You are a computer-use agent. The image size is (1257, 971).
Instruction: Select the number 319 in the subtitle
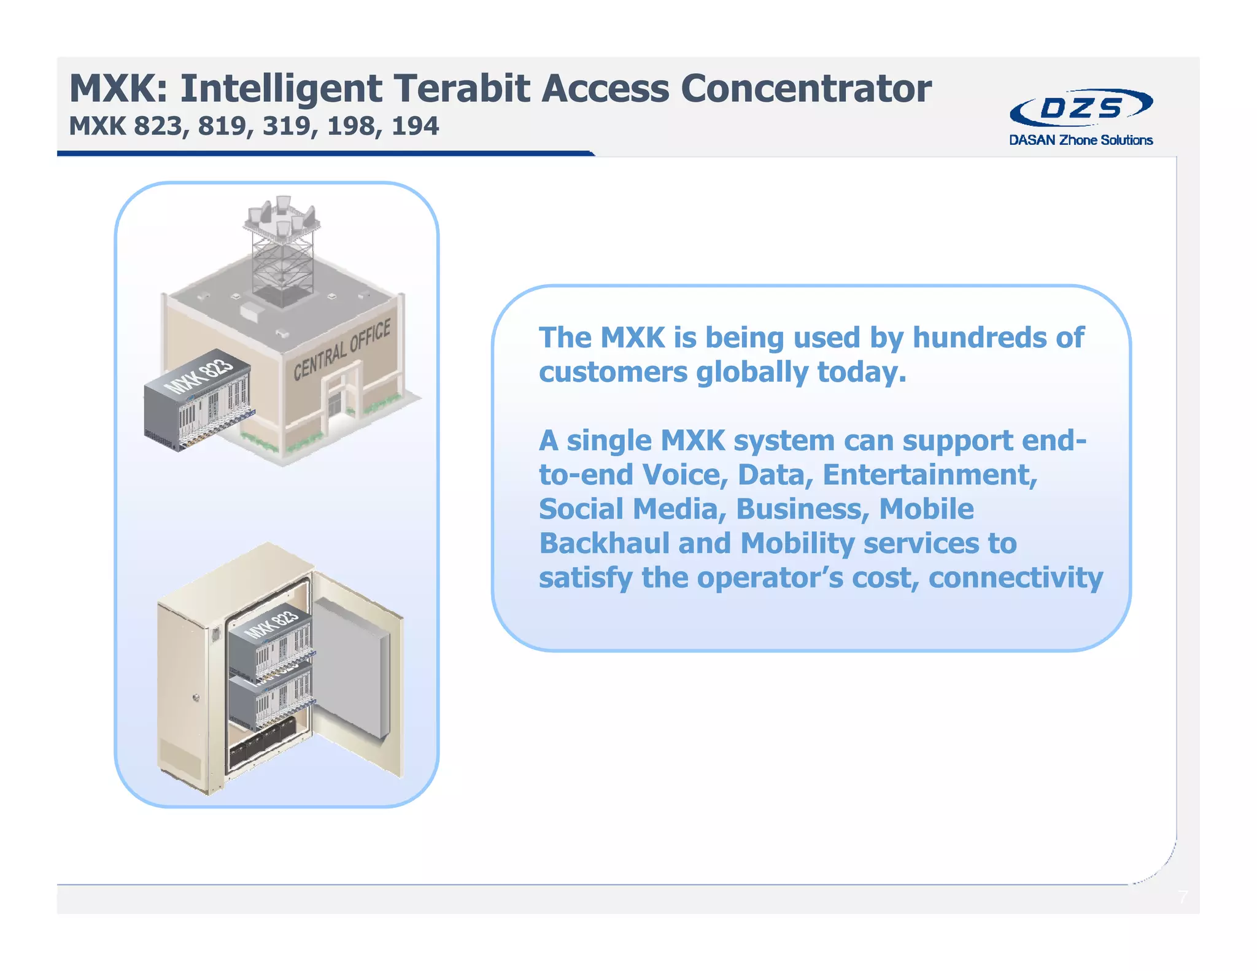(x=287, y=126)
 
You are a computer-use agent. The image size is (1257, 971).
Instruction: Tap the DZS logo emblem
(x=1081, y=108)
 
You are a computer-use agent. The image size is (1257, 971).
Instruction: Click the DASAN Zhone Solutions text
(x=1081, y=140)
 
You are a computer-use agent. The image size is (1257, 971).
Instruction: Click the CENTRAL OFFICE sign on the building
(x=341, y=350)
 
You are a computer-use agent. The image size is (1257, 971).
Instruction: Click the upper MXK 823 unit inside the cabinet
(x=270, y=644)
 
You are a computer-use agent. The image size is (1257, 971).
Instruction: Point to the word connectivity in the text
(x=1015, y=578)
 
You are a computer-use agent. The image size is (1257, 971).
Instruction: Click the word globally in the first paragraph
(x=752, y=373)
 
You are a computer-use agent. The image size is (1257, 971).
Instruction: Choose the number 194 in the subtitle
(x=415, y=126)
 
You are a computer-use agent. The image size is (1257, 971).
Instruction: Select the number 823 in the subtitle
(x=158, y=126)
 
